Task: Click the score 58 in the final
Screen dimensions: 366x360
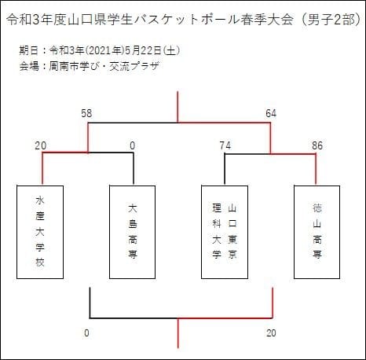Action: pos(86,113)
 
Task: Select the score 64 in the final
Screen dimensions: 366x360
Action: pos(271,113)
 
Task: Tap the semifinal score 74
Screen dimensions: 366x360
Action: pos(225,145)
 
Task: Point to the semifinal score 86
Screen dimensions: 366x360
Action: pos(317,145)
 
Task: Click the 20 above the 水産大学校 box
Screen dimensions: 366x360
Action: pos(41,145)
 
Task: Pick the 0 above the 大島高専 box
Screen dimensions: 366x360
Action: pos(133,145)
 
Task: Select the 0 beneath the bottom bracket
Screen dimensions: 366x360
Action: pos(86,333)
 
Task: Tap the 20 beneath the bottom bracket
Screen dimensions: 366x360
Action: pos(271,333)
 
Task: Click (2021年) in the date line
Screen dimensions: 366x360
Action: pos(104,50)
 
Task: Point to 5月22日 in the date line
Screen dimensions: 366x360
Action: pos(143,50)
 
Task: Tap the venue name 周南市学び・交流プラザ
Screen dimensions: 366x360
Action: pos(104,66)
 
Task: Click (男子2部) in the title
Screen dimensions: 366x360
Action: pos(332,20)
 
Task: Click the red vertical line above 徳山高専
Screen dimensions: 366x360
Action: pos(316,169)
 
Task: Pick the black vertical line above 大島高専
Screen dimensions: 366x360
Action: pos(134,168)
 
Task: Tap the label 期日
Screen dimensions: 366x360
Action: pos(29,50)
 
